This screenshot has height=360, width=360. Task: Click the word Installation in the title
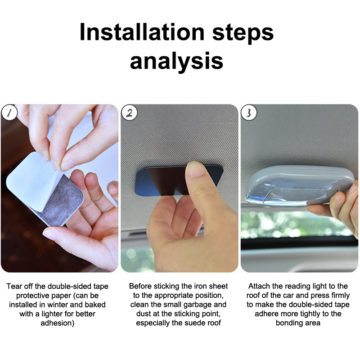point(142,32)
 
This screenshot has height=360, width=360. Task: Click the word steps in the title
point(243,33)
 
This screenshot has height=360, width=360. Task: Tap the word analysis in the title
point(176,61)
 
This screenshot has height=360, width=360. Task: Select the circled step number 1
point(9,113)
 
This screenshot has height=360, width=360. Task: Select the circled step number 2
point(129,113)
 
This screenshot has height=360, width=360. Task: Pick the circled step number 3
point(249,113)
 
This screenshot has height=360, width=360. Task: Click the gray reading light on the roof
point(298,186)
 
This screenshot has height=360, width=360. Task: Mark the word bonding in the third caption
point(289,323)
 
